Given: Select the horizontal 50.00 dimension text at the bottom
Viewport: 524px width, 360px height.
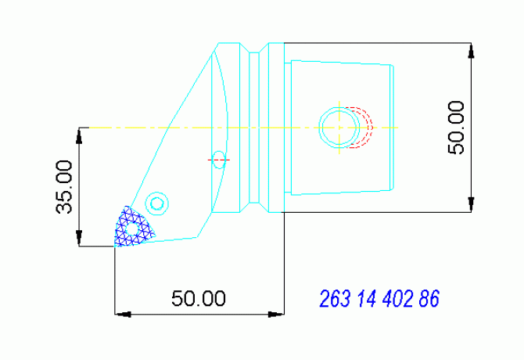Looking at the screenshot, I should tap(199, 299).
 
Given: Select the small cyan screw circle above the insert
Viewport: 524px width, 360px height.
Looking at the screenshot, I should tap(157, 203).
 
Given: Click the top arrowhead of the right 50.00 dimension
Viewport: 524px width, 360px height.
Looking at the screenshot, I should tap(472, 49).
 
